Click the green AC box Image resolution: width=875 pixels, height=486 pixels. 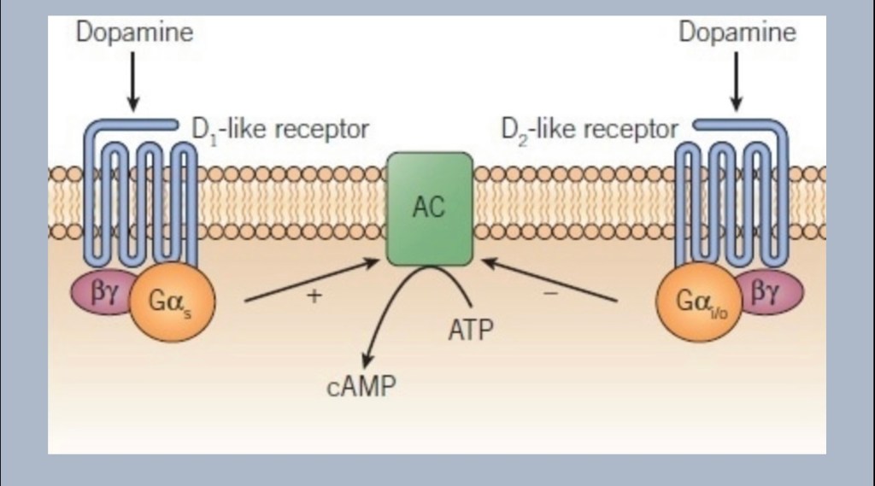tap(429, 208)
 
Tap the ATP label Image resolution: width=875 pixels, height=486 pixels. tap(470, 329)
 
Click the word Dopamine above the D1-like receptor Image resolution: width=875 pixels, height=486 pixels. tap(134, 33)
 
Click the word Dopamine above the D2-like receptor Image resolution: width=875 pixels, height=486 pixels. tap(737, 33)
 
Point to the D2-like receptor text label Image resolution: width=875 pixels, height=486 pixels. tap(589, 130)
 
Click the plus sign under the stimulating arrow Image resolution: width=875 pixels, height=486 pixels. tap(314, 296)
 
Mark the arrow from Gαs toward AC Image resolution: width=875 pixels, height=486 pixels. tap(312, 281)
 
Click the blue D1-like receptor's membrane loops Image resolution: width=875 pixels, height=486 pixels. tap(140, 205)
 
